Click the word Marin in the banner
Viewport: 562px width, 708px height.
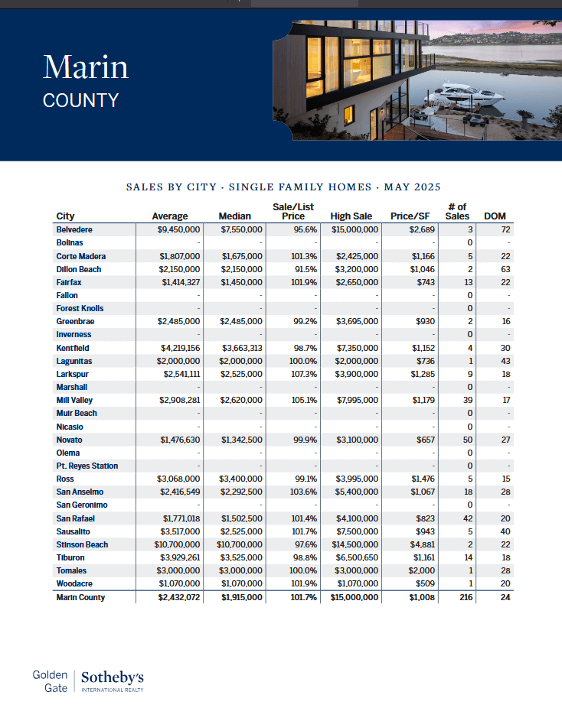(x=86, y=67)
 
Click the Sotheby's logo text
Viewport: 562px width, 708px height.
(x=113, y=677)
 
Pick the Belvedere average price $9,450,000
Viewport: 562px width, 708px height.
(x=178, y=229)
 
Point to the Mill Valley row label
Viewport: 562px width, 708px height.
(x=75, y=400)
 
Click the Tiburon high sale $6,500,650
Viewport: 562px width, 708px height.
(x=355, y=557)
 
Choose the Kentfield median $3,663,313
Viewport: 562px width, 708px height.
(x=241, y=348)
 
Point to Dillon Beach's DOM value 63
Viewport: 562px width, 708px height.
(x=506, y=269)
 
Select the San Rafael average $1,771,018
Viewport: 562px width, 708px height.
(x=181, y=518)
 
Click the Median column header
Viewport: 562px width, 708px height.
(x=235, y=216)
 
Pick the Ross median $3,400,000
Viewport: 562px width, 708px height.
(x=241, y=479)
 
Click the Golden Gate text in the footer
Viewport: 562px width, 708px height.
(x=51, y=681)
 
